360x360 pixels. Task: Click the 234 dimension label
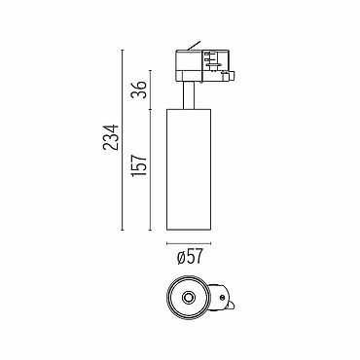[110, 137]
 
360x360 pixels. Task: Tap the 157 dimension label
[139, 165]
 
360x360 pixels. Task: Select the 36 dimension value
[139, 90]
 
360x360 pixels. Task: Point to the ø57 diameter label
[190, 257]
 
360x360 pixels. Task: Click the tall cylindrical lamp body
[189, 169]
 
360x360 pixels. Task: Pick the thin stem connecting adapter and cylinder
[189, 95]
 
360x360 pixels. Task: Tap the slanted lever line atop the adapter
[194, 46]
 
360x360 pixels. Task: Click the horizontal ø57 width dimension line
[189, 243]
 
